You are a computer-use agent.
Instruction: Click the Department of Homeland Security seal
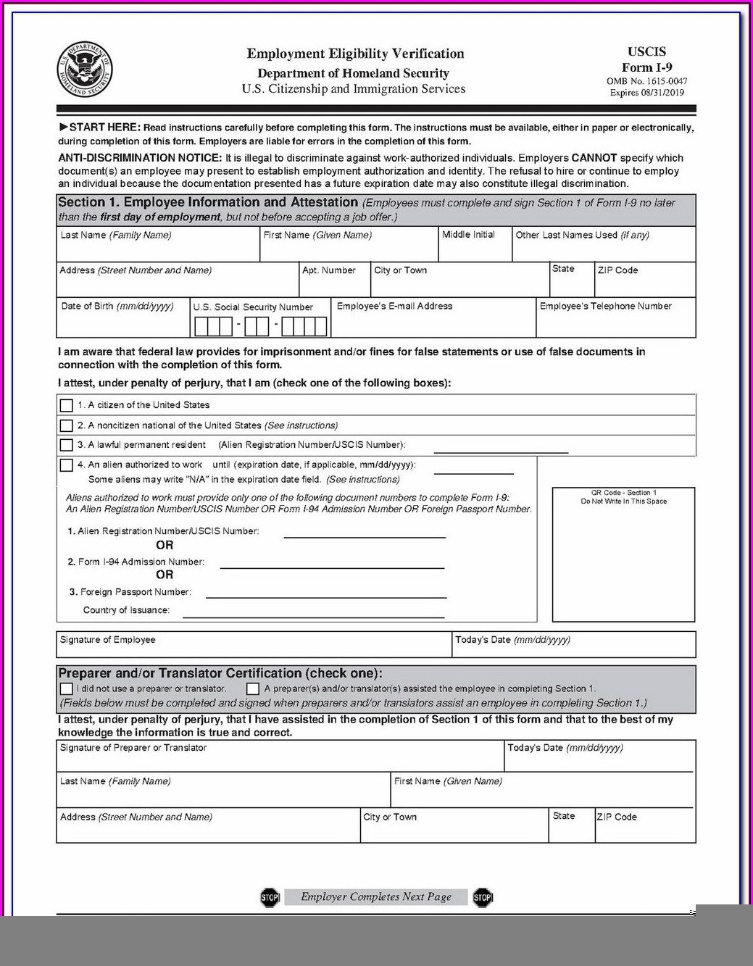point(85,70)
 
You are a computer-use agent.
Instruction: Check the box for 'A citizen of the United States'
point(67,405)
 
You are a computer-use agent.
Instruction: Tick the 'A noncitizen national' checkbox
point(67,425)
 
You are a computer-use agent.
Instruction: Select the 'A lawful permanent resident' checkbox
point(67,445)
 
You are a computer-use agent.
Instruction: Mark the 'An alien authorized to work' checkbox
point(67,465)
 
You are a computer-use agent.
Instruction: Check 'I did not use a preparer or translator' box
point(67,688)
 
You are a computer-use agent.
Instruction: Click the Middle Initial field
point(475,249)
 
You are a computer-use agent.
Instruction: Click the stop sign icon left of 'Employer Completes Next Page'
point(270,897)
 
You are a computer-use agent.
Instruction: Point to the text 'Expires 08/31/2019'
point(646,93)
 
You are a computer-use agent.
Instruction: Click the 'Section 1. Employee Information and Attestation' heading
point(208,203)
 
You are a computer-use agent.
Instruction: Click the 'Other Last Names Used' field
point(603,249)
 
